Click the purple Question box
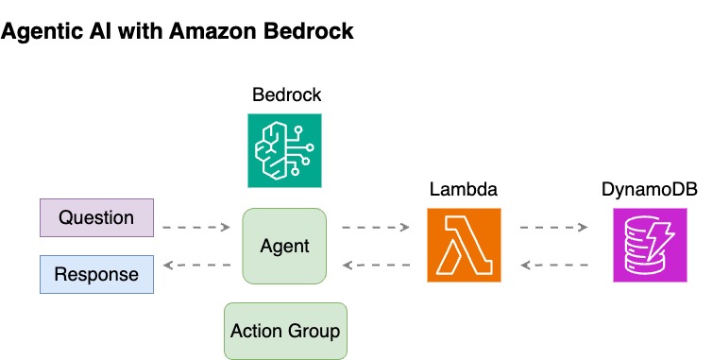click(x=96, y=217)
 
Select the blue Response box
click(x=96, y=274)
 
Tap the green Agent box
click(x=284, y=246)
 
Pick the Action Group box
click(x=285, y=331)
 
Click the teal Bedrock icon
click(x=284, y=150)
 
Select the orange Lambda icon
click(x=464, y=246)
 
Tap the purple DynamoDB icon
click(x=649, y=246)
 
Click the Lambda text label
click(x=464, y=190)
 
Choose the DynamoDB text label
click(x=650, y=190)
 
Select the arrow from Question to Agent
click(x=196, y=228)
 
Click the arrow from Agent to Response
click(x=196, y=266)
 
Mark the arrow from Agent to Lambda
click(x=376, y=228)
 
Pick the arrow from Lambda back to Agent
click(x=376, y=266)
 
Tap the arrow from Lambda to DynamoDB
click(x=553, y=228)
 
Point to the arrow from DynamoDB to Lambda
click(x=553, y=266)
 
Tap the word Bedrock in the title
click(x=314, y=31)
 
